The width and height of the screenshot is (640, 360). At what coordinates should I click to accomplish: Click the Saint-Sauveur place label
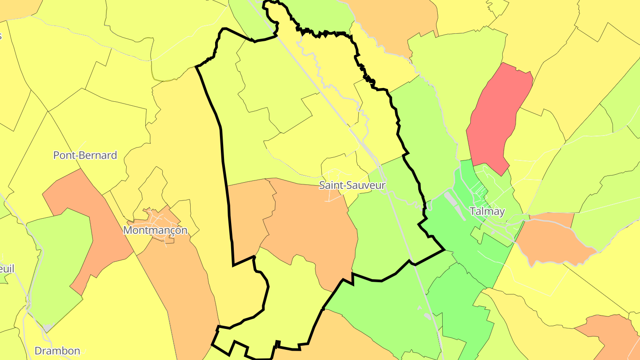coord(352,185)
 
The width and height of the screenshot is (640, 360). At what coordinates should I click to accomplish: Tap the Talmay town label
coord(488,211)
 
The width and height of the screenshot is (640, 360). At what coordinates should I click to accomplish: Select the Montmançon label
coord(155,230)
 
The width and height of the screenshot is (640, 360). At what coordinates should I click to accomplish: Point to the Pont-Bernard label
coord(85,155)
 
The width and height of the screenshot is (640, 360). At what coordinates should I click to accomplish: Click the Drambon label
coord(57,351)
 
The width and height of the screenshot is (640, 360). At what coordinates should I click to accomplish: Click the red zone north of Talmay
coord(498,116)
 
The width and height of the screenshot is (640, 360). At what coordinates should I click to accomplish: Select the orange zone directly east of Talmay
coord(551,240)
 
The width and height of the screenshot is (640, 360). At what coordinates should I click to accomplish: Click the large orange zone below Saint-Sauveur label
coord(311,222)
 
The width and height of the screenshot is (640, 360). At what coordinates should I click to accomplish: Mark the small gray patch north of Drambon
coord(47,328)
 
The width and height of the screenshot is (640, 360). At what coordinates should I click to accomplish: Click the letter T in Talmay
coord(473,211)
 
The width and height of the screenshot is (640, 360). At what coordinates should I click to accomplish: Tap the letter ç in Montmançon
coord(171,231)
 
